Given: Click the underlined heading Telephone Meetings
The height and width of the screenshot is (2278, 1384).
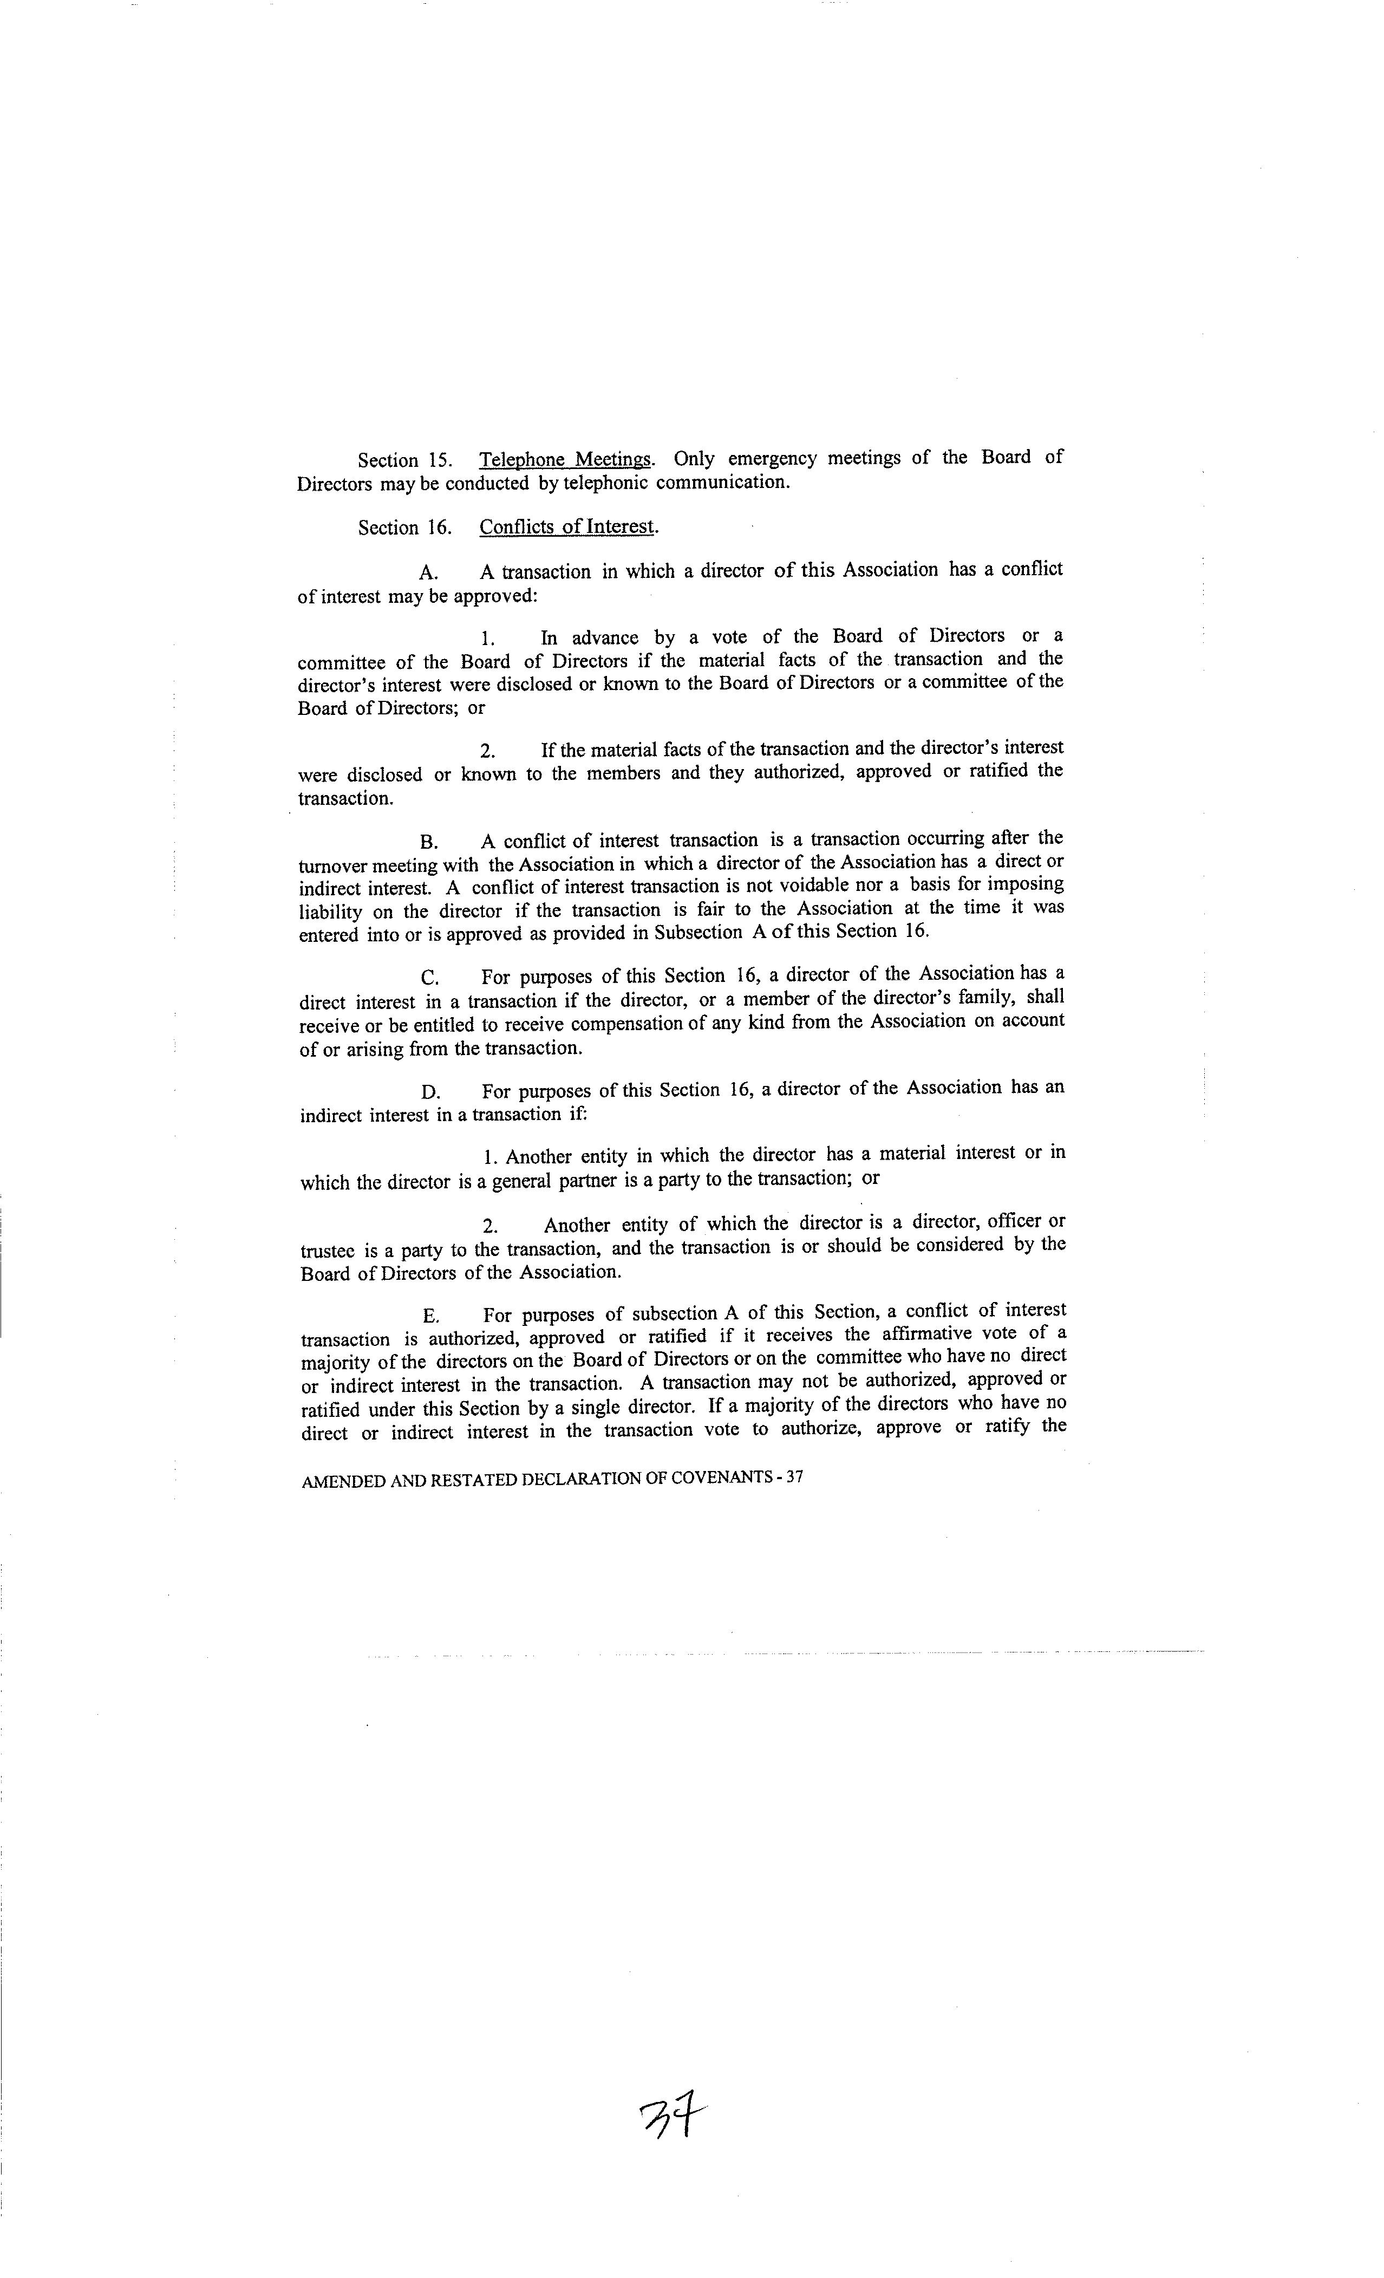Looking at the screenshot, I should click(x=565, y=459).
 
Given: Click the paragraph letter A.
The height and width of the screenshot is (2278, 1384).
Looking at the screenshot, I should click(x=428, y=572).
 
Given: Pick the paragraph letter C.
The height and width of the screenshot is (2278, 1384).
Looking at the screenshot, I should click(x=429, y=977).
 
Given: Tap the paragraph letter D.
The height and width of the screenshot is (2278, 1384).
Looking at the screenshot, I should click(x=430, y=1092).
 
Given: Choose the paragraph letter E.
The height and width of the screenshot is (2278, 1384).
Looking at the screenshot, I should click(x=430, y=1316).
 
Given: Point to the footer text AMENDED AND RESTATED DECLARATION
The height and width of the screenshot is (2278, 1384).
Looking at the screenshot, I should click(x=551, y=1478).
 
